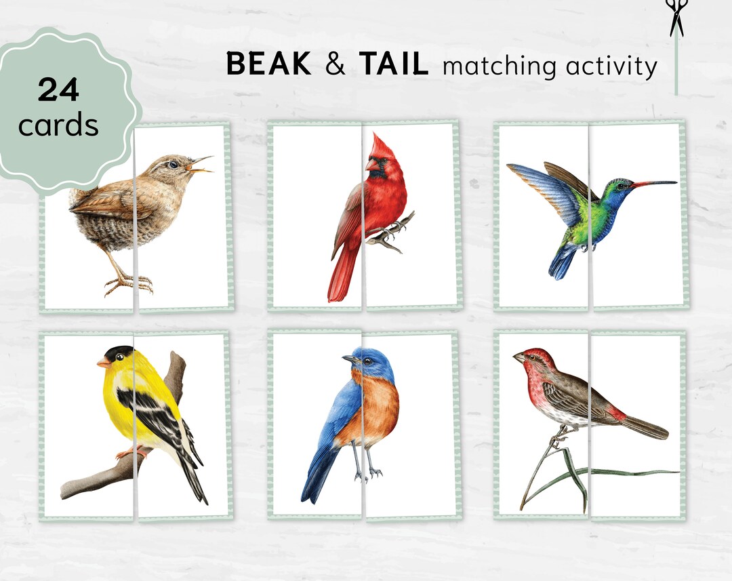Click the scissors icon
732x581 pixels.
click(x=676, y=17)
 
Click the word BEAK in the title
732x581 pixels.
click(x=268, y=64)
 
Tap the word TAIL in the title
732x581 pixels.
click(x=394, y=64)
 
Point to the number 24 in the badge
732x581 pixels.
click(x=59, y=90)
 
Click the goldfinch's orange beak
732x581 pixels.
click(x=103, y=363)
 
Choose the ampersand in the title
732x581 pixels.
click(x=334, y=65)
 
